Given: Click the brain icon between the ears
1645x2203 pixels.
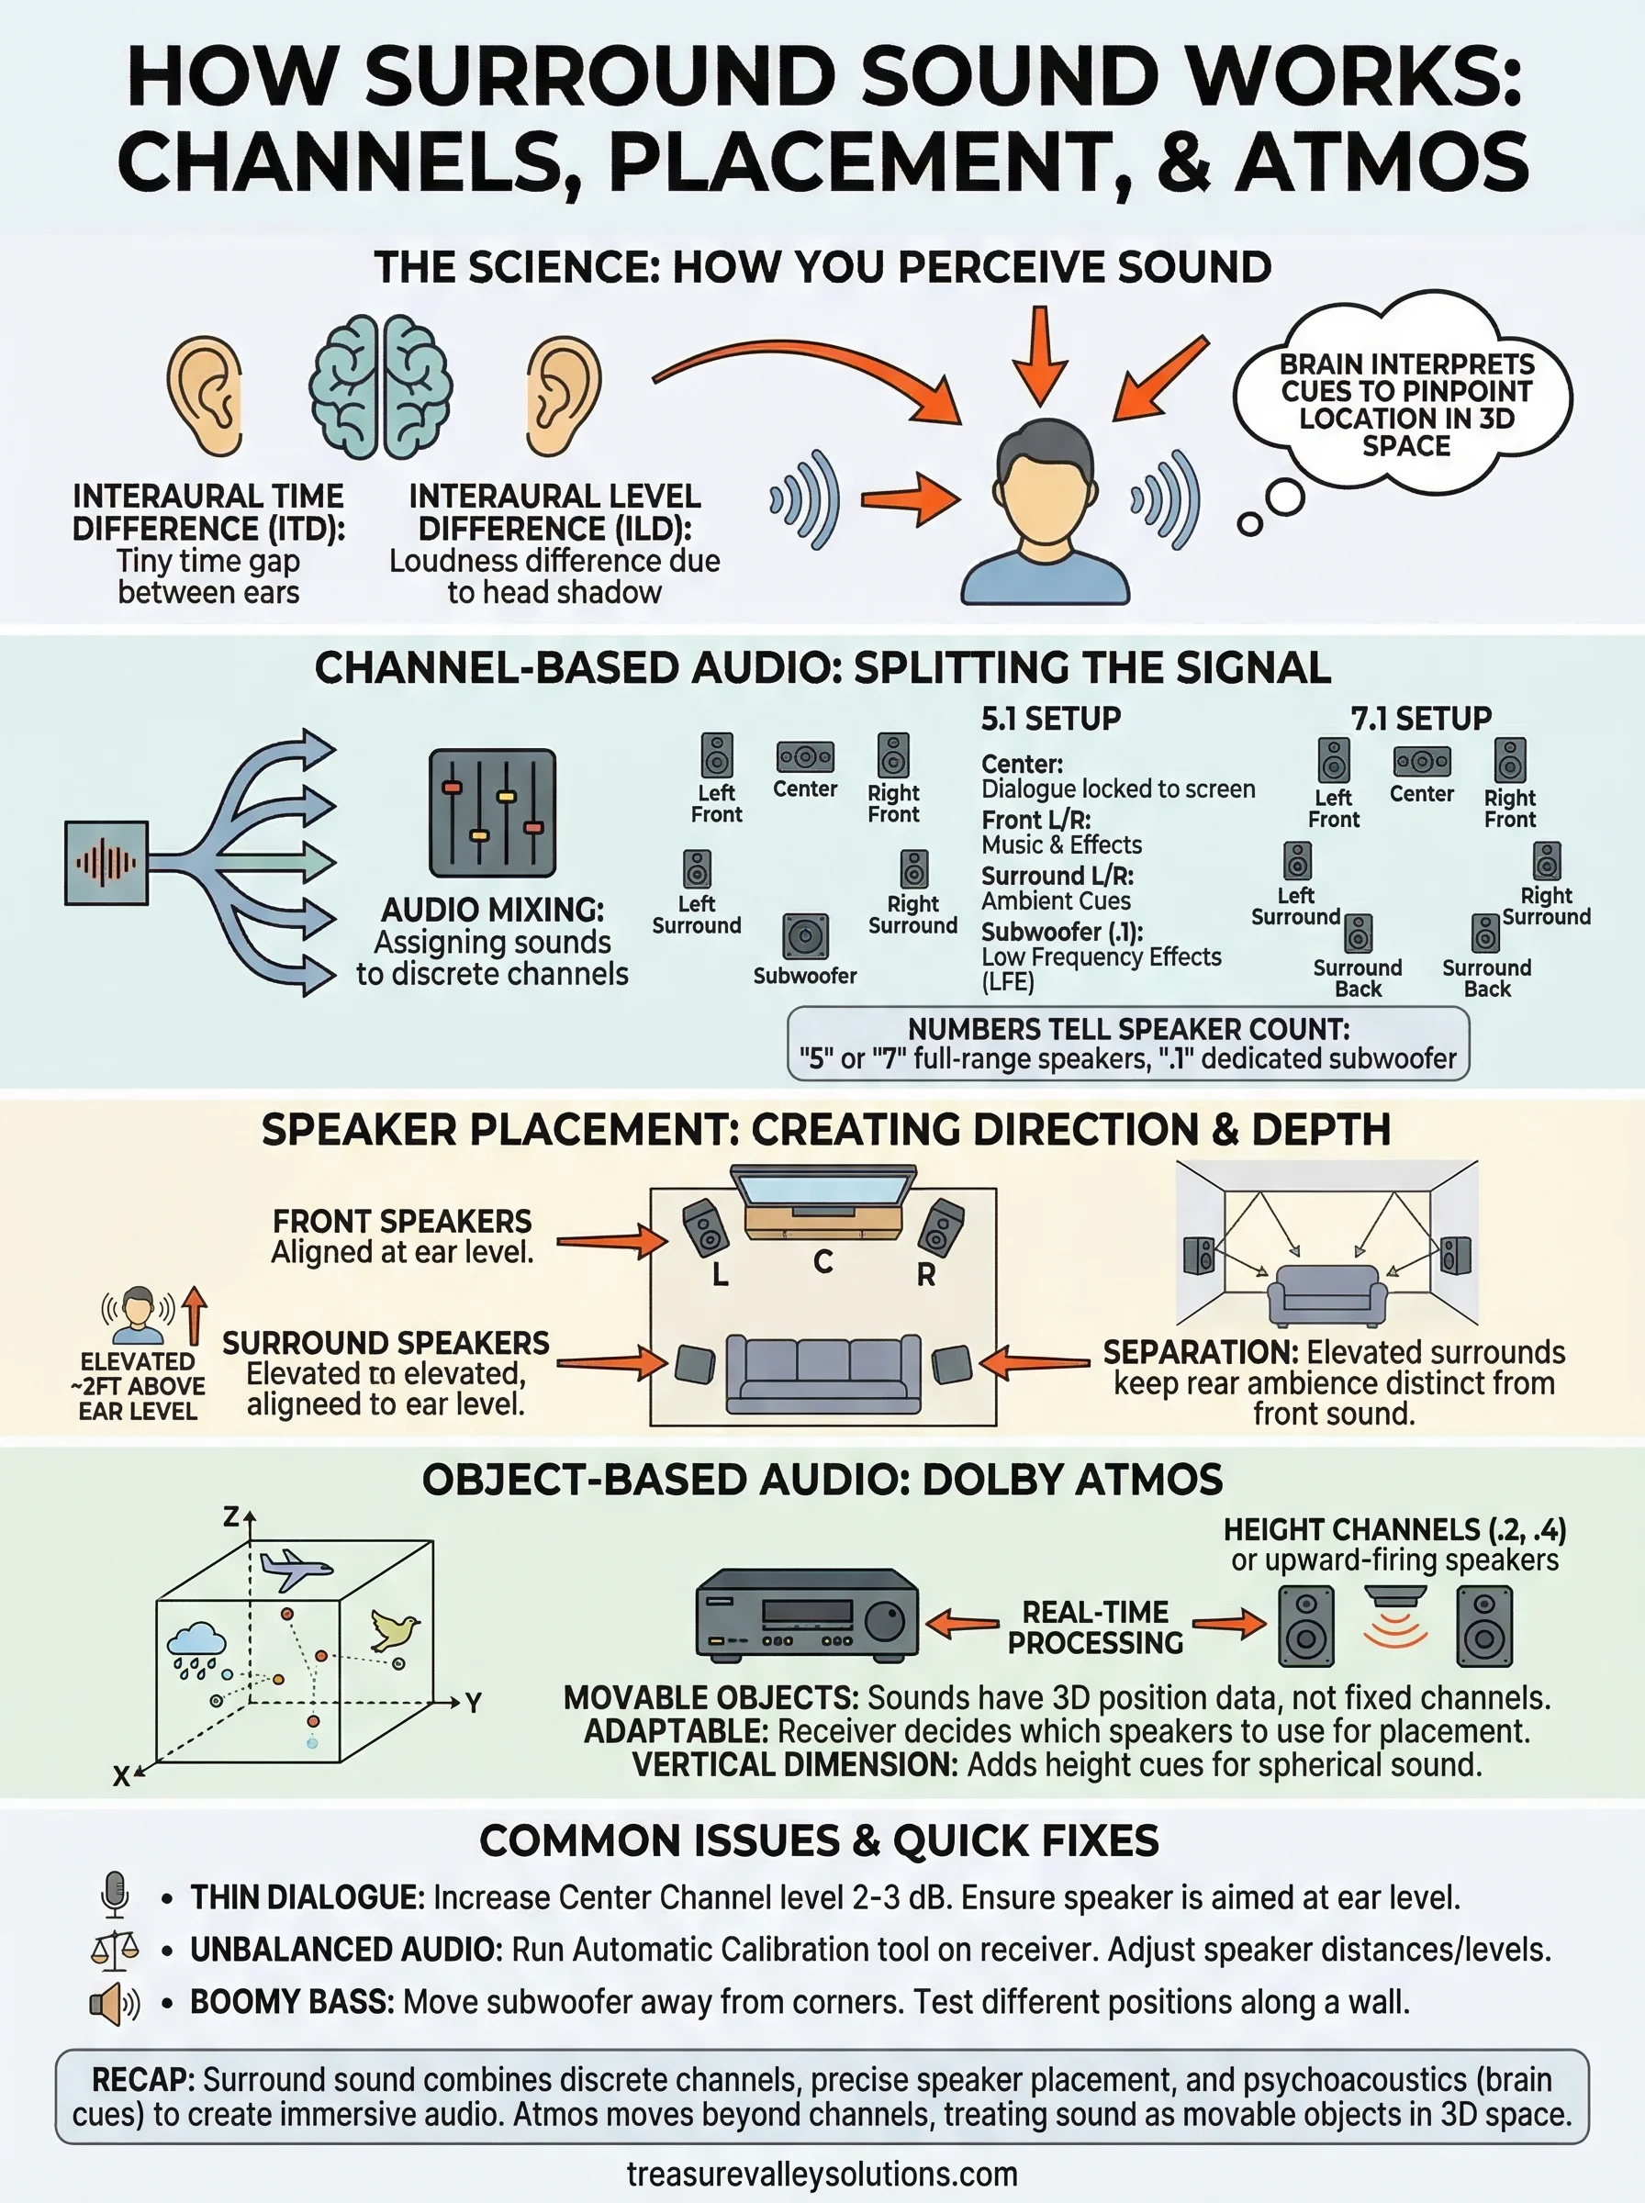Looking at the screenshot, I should (x=380, y=387).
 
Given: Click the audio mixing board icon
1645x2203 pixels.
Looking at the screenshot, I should (x=492, y=813).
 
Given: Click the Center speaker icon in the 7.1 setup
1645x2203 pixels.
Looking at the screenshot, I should (x=1421, y=763).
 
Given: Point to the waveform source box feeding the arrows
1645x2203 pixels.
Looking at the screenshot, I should (x=106, y=863).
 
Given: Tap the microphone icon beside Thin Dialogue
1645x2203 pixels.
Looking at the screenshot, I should (x=116, y=1894).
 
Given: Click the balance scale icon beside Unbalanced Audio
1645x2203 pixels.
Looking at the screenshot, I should (x=116, y=1948).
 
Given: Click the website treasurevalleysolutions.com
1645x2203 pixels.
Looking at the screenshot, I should (x=822, y=2175).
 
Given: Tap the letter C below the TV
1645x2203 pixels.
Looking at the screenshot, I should (x=822, y=1262).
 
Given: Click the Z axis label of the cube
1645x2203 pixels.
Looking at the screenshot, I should (x=231, y=1517).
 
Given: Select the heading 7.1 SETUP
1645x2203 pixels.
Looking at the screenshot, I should (x=1421, y=719).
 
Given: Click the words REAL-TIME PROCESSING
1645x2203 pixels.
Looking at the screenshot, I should (x=1095, y=1627).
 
